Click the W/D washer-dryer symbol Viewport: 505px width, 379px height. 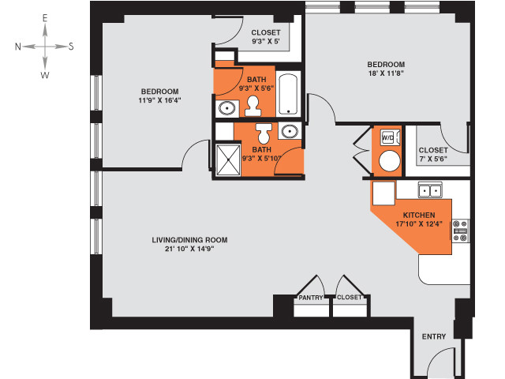pyautogui.click(x=390, y=137)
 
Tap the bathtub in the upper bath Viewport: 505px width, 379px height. pyautogui.click(x=288, y=94)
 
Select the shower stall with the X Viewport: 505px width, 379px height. pyautogui.click(x=228, y=160)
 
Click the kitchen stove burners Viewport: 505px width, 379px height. pyautogui.click(x=460, y=231)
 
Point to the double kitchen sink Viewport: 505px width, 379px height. pyautogui.click(x=430, y=189)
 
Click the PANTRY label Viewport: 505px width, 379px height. pyautogui.click(x=311, y=298)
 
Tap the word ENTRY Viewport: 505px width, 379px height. pyautogui.click(x=434, y=336)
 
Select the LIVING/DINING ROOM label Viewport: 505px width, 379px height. pyautogui.click(x=189, y=240)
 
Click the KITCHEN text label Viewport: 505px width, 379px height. pyautogui.click(x=419, y=215)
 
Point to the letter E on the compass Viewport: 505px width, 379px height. pyautogui.click(x=45, y=18)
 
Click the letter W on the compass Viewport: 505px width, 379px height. pyautogui.click(x=45, y=76)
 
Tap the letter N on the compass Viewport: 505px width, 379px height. pyautogui.click(x=18, y=47)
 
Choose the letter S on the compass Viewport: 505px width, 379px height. pyautogui.click(x=71, y=47)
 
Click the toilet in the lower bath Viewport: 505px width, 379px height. pyautogui.click(x=264, y=133)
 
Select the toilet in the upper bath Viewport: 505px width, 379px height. pyautogui.click(x=252, y=106)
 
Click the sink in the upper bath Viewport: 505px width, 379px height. pyautogui.click(x=227, y=107)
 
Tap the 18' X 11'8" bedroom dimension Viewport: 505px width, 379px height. pyautogui.click(x=386, y=73)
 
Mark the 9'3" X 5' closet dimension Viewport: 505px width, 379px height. pyautogui.click(x=265, y=41)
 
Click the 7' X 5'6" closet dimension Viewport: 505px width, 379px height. pyautogui.click(x=433, y=159)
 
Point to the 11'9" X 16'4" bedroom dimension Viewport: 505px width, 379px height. pyautogui.click(x=159, y=100)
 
